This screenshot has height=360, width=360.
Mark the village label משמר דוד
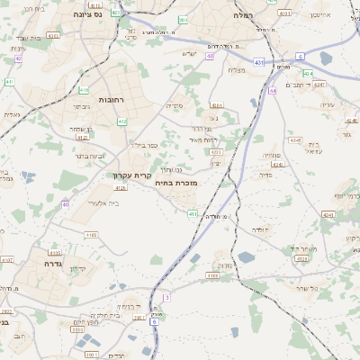tap(299, 248)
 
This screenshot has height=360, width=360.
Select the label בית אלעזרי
tap(102, 203)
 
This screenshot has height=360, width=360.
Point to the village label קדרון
tap(78, 269)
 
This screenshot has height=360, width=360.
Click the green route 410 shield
tap(84, 90)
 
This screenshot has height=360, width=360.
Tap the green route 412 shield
tap(121, 121)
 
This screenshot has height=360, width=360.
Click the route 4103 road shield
tap(91, 235)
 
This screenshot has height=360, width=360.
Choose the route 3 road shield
tap(166, 297)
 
